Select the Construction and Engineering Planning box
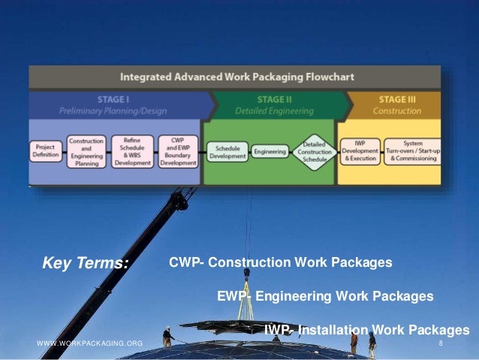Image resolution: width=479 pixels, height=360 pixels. coord(86,151)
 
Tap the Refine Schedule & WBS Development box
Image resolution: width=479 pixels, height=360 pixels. coord(131,151)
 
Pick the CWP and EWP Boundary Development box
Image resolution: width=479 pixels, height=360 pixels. coord(177,151)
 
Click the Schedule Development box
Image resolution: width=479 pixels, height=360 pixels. coord(225,151)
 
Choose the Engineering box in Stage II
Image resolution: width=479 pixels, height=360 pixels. coord(270,151)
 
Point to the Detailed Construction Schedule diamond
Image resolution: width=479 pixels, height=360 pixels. coord(314,152)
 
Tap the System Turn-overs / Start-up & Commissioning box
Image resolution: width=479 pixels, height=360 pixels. coord(411,151)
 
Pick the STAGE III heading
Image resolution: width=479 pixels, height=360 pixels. coord(396,99)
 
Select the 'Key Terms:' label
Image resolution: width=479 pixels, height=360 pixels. coord(86,264)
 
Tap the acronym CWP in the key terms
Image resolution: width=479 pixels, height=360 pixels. coord(183,263)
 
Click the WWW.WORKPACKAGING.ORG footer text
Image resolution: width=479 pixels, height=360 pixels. coord(89,343)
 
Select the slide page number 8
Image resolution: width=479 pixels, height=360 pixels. coord(441,343)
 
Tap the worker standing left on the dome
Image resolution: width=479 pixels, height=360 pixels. coord(167,335)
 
